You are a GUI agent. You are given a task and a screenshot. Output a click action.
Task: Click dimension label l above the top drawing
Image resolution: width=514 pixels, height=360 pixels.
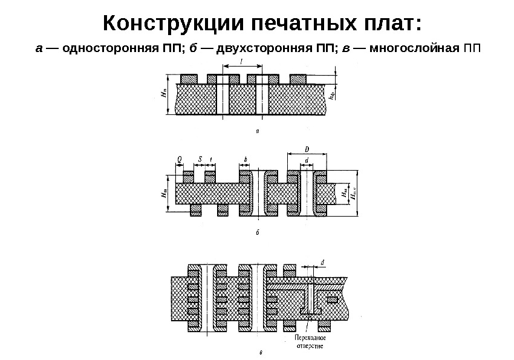point(242,62)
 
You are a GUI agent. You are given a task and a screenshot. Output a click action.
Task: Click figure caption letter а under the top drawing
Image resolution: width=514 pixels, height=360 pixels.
point(258,130)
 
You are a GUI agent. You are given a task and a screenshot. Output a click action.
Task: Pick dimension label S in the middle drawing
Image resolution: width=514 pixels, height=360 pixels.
point(200,159)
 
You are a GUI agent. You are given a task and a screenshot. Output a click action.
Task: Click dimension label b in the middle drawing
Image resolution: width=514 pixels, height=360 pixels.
point(246,159)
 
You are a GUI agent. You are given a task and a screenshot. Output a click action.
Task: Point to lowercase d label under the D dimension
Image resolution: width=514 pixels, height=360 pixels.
point(307,160)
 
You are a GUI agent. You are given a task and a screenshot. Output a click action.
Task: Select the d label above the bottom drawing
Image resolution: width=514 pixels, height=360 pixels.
point(322,261)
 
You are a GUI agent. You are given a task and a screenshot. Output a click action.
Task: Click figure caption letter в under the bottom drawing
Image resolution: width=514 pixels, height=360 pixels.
point(260,353)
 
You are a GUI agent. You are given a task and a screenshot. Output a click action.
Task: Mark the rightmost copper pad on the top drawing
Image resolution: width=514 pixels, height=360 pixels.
point(298,79)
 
